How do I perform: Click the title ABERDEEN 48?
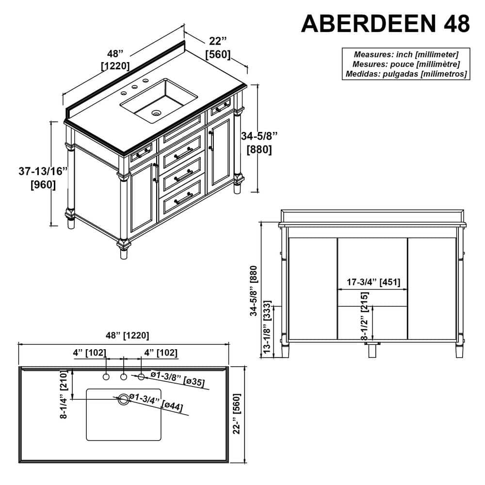pos(386,22)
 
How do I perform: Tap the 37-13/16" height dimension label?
pos(43,178)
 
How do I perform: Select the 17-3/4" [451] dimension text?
pos(373,282)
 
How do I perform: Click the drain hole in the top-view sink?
pos(124,399)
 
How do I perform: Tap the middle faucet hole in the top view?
pos(124,377)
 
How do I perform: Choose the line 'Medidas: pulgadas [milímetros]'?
pos(405,74)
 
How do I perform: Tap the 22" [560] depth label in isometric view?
pos(218,48)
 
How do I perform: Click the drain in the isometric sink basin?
pos(156,113)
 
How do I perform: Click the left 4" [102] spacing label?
pos(90,353)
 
